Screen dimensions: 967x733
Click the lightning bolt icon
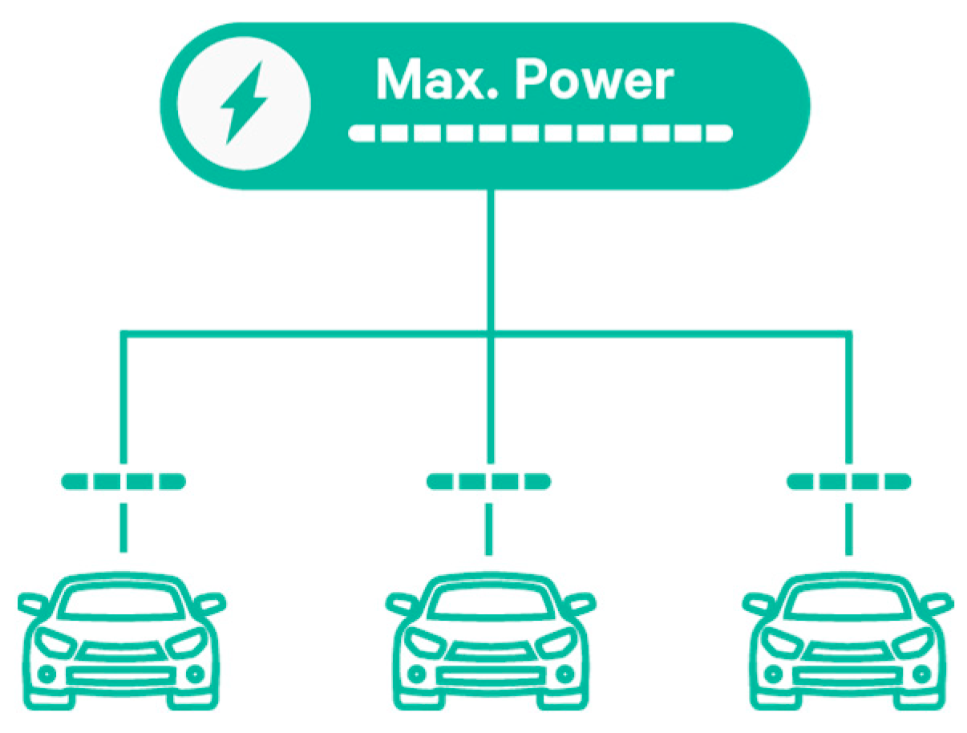coord(244,103)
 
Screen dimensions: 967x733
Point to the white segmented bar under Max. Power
coord(540,133)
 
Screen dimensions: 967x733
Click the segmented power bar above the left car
coord(123,481)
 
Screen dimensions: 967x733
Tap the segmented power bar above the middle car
coord(489,481)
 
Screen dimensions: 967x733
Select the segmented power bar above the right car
coord(848,481)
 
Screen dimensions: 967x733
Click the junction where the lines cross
coord(492,331)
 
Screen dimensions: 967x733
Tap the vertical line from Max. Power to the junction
coord(492,257)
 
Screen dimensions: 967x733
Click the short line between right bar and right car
coord(848,528)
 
